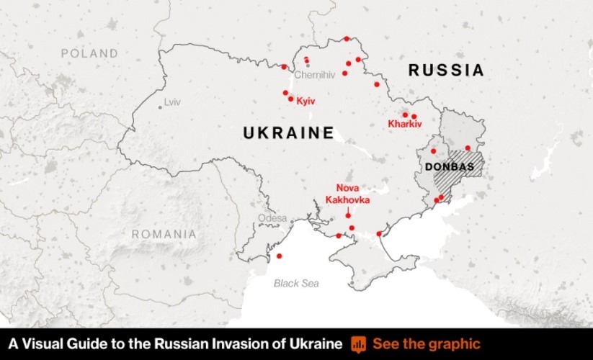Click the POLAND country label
pyautogui.click(x=89, y=53)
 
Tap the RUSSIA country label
pyautogui.click(x=446, y=71)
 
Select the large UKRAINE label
pyautogui.click(x=288, y=133)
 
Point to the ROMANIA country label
pyautogui.click(x=164, y=234)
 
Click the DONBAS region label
pyautogui.click(x=450, y=167)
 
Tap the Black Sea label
pyautogui.click(x=296, y=283)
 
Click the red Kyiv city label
pyautogui.click(x=306, y=101)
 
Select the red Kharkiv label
pyautogui.click(x=404, y=124)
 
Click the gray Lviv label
pyautogui.click(x=172, y=102)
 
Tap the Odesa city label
pyautogui.click(x=272, y=218)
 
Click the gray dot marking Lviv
pyautogui.click(x=160, y=107)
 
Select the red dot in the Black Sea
pyautogui.click(x=280, y=256)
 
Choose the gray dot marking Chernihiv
pyautogui.click(x=308, y=66)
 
